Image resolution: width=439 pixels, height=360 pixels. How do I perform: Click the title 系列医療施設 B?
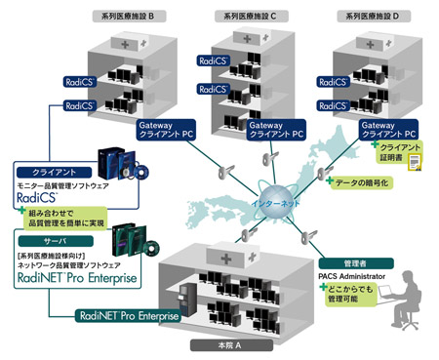point(130,16)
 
